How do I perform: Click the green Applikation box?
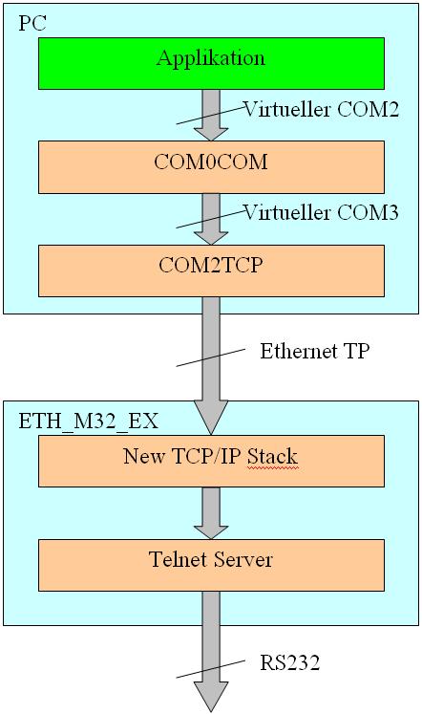coord(211,63)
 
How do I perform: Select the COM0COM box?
coord(211,167)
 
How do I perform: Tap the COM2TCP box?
coord(211,270)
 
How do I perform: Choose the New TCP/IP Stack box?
coord(211,461)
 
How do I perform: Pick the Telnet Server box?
coord(211,565)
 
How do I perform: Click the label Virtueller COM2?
coord(322,109)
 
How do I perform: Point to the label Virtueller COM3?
coord(322,212)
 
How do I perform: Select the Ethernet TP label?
coord(315,351)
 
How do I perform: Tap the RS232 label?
coord(289,662)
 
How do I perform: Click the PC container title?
coord(32,23)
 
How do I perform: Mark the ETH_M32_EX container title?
coord(88,422)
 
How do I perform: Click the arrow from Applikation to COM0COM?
coord(211,116)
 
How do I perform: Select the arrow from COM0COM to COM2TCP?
coord(211,219)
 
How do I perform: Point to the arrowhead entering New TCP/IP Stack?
coord(211,417)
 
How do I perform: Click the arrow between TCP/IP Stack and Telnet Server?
coord(211,513)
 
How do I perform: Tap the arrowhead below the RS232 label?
coord(211,697)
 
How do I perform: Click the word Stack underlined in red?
coord(272,456)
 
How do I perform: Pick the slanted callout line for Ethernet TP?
coord(211,357)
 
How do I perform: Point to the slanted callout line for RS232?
coord(211,669)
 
